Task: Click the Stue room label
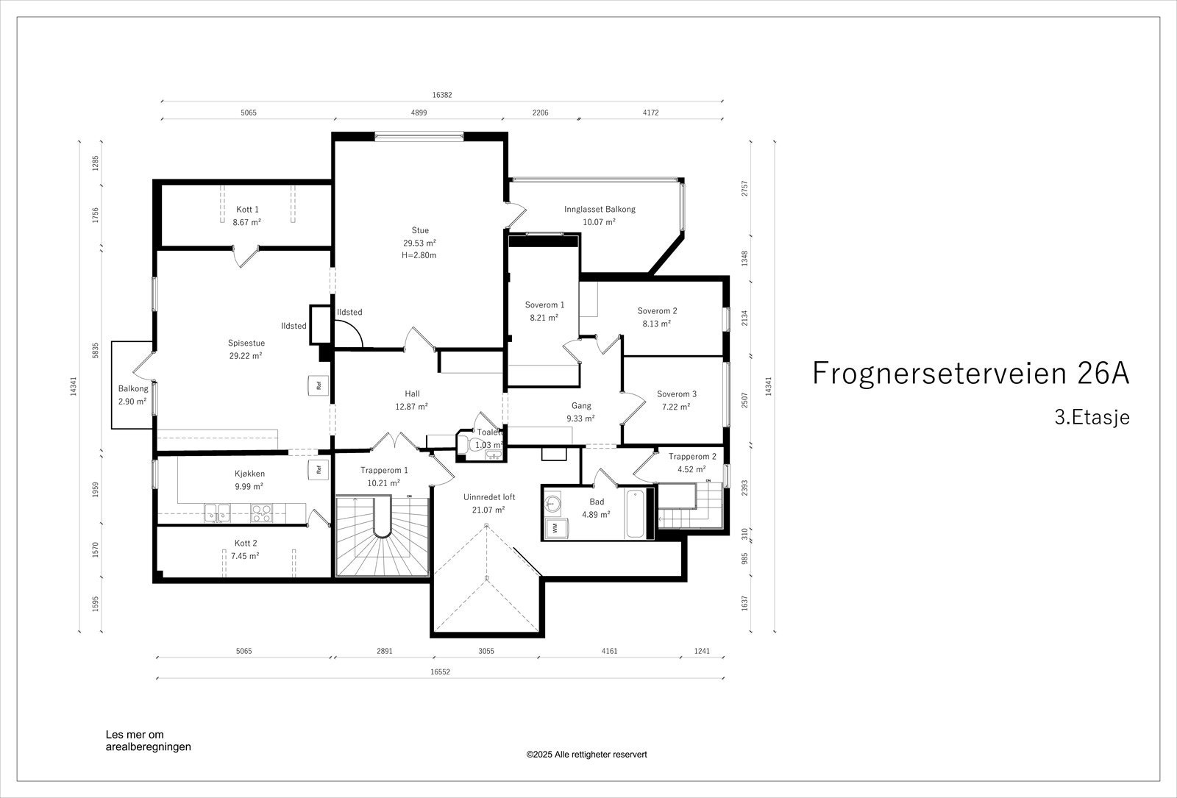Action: [x=420, y=230]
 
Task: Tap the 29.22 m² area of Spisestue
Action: [x=246, y=356]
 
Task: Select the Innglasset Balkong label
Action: [x=600, y=209]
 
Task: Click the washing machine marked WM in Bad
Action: [x=553, y=527]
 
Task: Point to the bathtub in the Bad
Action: [x=636, y=513]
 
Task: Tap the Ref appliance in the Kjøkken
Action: [x=319, y=470]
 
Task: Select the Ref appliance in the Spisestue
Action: [x=319, y=385]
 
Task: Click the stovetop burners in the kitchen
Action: [x=261, y=513]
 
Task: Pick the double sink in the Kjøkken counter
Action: [x=218, y=513]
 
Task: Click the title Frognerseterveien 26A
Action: [x=970, y=373]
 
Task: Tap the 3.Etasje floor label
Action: [x=1092, y=417]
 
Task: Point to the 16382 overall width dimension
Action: [x=442, y=95]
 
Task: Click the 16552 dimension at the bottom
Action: [x=441, y=671]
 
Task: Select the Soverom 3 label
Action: [x=677, y=394]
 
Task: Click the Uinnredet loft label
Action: [x=489, y=497]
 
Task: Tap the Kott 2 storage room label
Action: [x=246, y=544]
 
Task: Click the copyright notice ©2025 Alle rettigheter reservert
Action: [x=586, y=755]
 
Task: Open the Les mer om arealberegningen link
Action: [x=148, y=741]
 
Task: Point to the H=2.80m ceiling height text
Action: [x=419, y=255]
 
